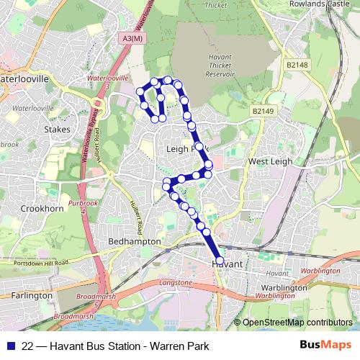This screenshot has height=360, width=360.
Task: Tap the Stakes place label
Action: pyautogui.click(x=57, y=130)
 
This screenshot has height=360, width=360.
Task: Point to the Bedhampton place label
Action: pyautogui.click(x=133, y=242)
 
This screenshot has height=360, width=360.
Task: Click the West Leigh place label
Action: pyautogui.click(x=270, y=162)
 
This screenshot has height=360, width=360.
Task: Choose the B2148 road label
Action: pyautogui.click(x=296, y=65)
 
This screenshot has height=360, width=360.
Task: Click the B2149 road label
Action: pyautogui.click(x=264, y=112)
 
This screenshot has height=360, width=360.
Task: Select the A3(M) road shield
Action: pyautogui.click(x=132, y=40)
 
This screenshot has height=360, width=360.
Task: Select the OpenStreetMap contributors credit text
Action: pyautogui.click(x=297, y=323)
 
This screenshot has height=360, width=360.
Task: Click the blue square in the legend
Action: pyautogui.click(x=10, y=346)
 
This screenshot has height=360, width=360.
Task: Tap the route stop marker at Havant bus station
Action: pyautogui.click(x=220, y=261)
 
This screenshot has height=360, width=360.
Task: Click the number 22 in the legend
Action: pyautogui.click(x=28, y=346)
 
